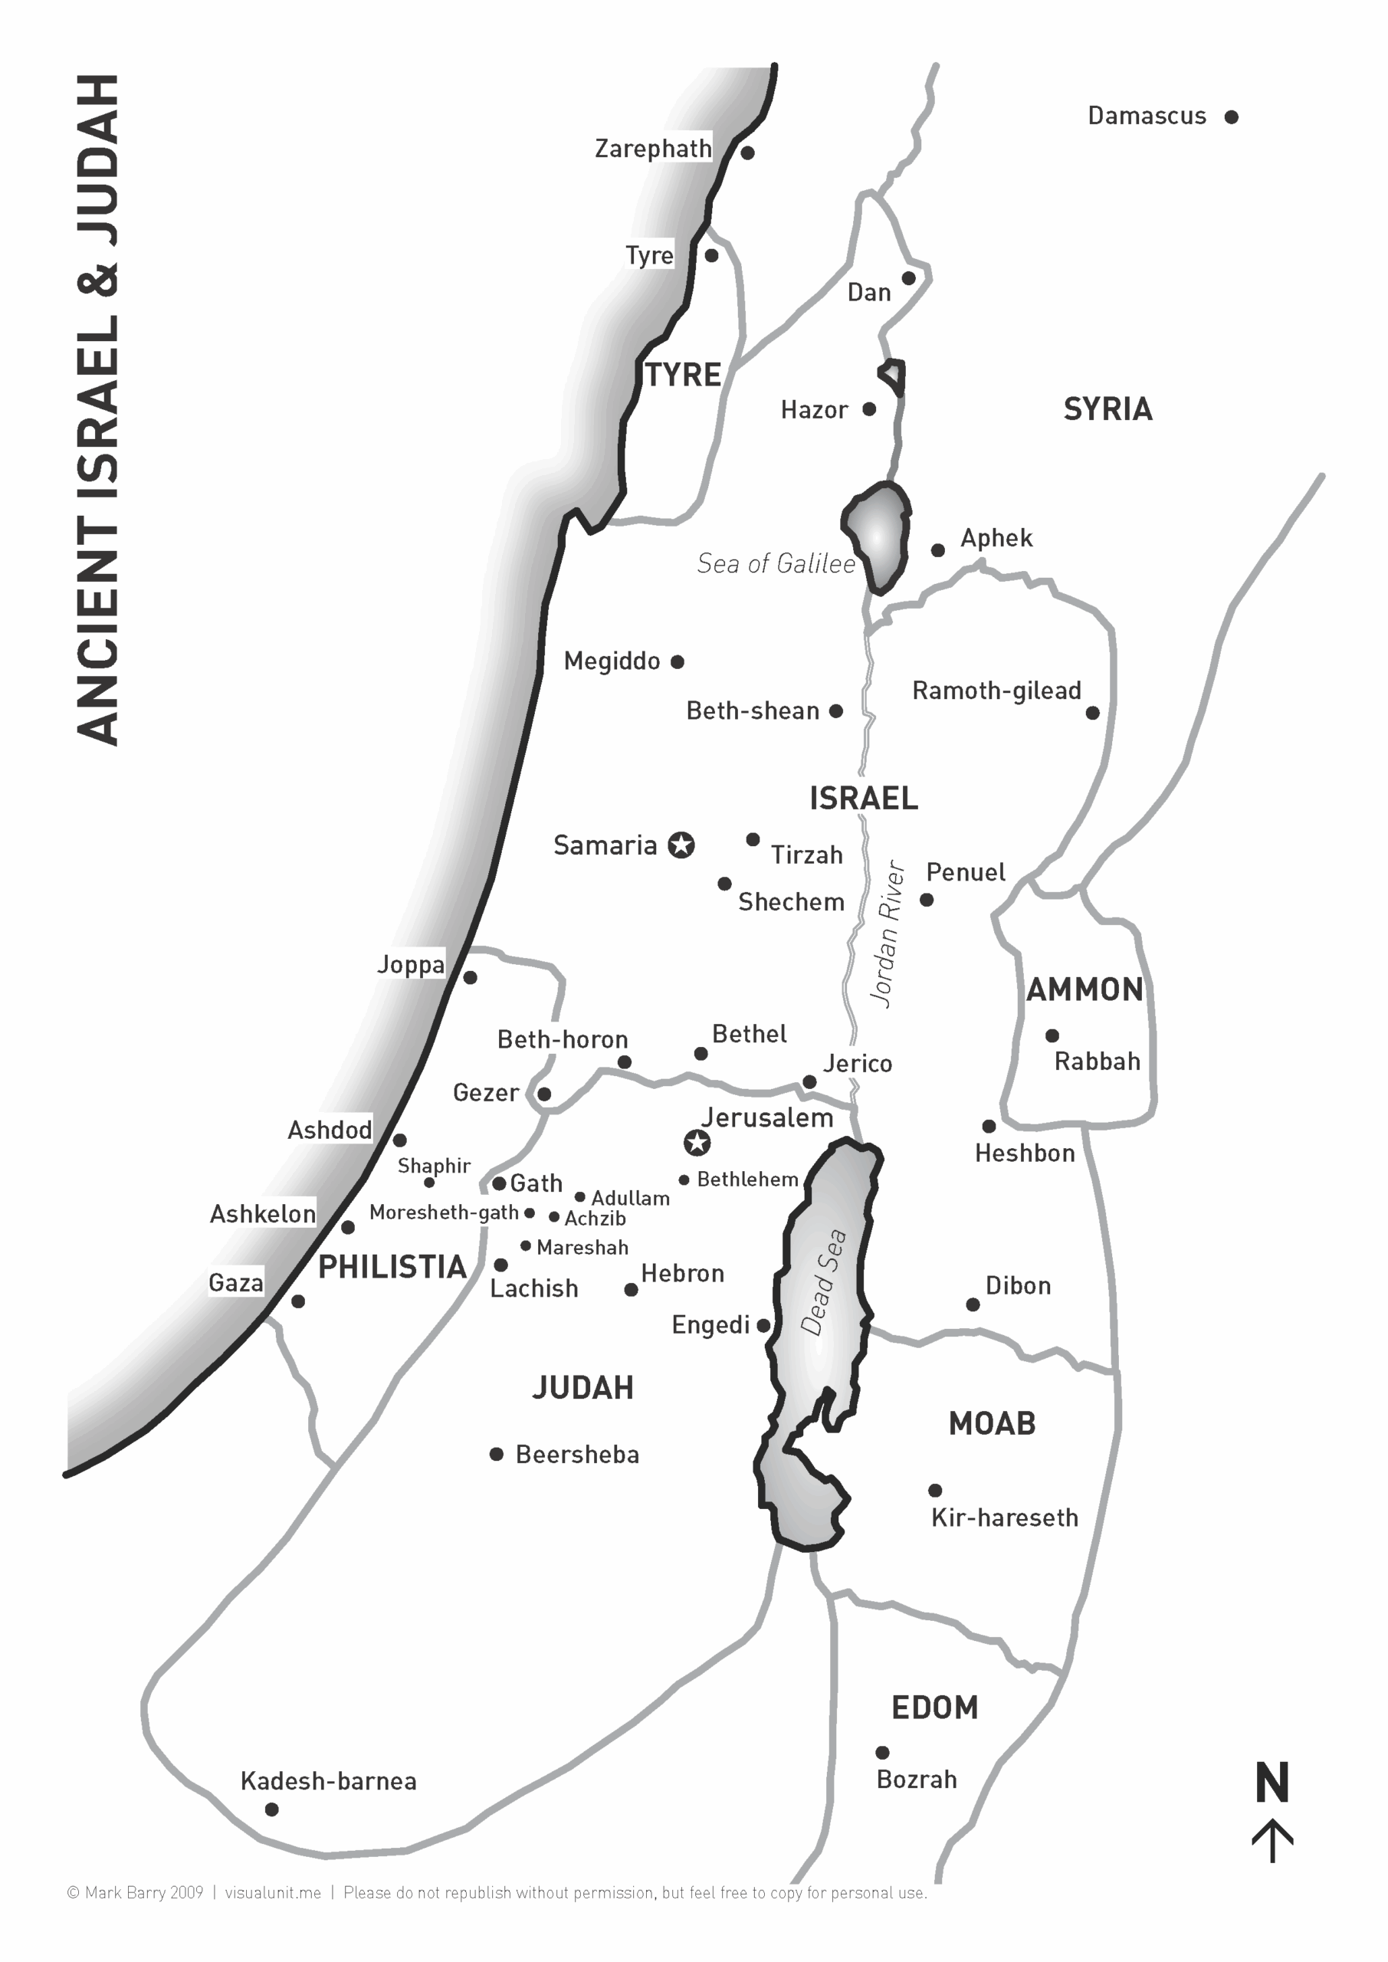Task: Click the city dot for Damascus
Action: coord(1231,117)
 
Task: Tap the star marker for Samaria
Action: coord(681,845)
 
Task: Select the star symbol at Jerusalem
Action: coord(697,1142)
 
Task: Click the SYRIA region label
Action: coord(1107,409)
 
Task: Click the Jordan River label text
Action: coord(888,933)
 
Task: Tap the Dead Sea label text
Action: coord(822,1281)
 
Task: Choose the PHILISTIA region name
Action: coord(392,1268)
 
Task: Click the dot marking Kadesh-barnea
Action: coord(272,1809)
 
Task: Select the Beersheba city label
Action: coord(577,1455)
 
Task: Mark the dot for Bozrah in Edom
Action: coord(883,1753)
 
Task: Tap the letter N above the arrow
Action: coord(1272,1783)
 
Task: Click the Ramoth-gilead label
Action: coord(996,691)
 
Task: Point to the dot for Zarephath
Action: coord(748,153)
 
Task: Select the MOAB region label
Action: coord(992,1424)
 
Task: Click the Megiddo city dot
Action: coord(677,661)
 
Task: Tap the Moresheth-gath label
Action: coord(444,1212)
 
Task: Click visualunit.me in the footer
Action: coord(273,1893)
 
